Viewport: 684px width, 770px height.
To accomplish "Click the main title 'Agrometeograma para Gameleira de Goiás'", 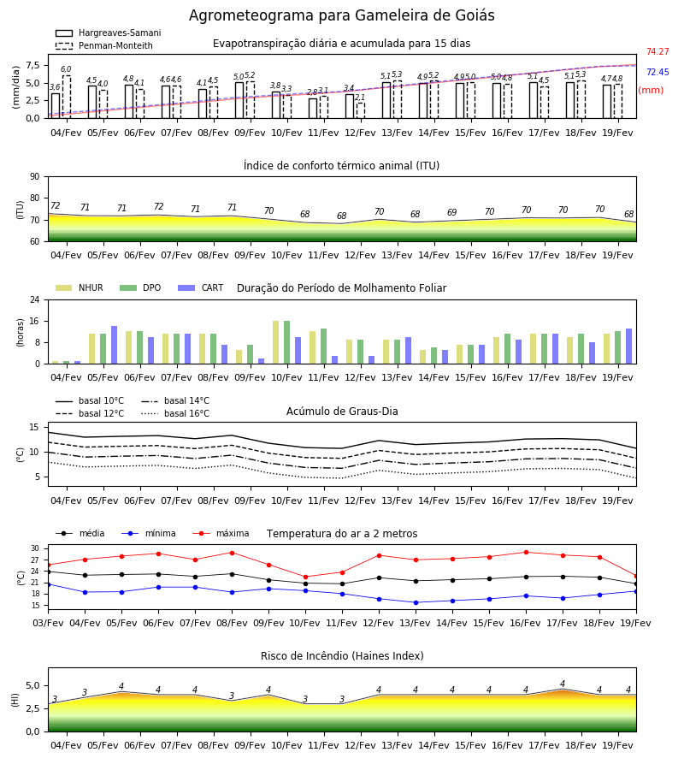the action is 341,15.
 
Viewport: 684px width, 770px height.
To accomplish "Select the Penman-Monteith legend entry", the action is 104,45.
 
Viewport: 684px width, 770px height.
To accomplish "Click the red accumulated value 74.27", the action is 657,51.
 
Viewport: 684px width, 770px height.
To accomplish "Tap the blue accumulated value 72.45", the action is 657,72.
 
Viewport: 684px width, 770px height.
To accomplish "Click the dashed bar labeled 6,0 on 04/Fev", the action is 67,97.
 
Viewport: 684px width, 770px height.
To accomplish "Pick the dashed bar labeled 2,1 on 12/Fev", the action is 361,110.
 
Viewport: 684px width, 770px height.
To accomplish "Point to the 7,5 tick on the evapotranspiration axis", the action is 32,65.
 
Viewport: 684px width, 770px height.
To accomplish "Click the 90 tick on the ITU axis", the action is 35,177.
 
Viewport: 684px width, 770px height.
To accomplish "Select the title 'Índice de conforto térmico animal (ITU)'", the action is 341,165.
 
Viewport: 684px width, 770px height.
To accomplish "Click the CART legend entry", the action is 201,287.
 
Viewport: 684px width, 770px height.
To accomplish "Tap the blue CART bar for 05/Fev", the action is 115,345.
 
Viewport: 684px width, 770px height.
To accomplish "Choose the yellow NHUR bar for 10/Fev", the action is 276,342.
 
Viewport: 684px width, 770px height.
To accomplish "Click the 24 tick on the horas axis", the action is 35,299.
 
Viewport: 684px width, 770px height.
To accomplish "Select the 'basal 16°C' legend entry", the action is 175,413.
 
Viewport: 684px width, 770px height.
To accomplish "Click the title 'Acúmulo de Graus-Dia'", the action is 342,411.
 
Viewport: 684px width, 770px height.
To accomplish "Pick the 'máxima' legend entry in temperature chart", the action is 221,533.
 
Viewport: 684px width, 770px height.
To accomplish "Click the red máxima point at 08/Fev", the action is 232,553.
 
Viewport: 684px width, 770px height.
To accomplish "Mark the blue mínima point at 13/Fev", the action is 416,602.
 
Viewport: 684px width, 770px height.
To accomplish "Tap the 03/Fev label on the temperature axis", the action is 48,623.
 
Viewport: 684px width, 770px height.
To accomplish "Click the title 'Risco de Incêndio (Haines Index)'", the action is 342,656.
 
